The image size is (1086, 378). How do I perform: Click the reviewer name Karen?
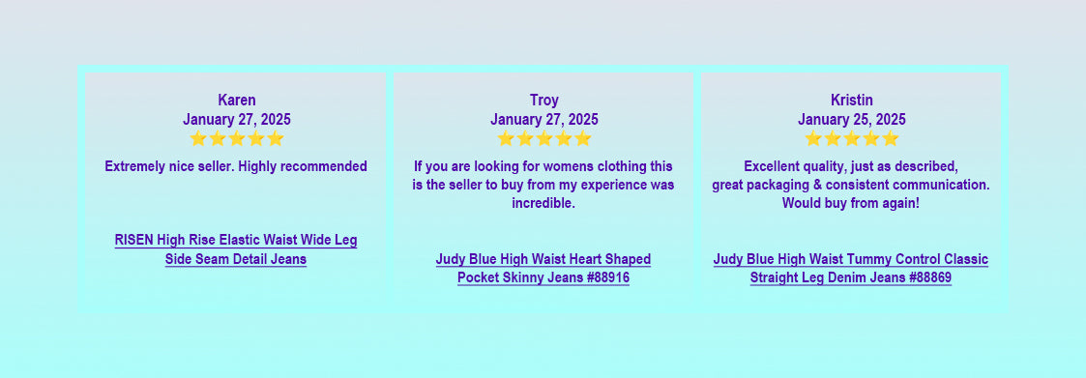236,100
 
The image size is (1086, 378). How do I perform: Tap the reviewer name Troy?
543,100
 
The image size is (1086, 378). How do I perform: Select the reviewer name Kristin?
851,100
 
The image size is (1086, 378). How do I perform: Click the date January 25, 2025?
851,119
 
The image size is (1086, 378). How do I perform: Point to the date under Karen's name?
236,119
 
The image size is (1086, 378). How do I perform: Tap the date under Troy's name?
543,119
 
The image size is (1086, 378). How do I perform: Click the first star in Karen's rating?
198,138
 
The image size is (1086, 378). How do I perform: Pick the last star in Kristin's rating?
890,138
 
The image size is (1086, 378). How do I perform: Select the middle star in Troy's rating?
544,138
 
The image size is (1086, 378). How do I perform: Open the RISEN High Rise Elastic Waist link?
236,250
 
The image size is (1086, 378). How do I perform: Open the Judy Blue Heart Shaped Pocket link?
543,269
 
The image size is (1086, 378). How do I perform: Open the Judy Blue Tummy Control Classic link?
851,269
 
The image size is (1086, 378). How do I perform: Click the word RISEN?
134,240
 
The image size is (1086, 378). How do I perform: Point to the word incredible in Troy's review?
543,204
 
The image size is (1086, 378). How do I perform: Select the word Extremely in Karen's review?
131,167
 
